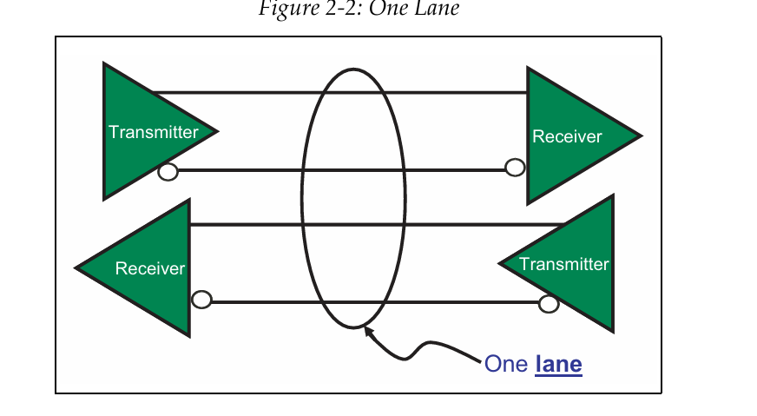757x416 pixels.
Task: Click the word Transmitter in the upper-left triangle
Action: [153, 132]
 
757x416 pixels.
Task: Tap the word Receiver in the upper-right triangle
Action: [567, 136]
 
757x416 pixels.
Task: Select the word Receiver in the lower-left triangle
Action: [149, 268]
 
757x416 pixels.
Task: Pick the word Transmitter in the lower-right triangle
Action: [563, 264]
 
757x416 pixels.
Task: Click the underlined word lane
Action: [558, 364]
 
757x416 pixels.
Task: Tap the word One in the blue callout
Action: [506, 364]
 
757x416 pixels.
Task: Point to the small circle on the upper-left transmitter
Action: [168, 171]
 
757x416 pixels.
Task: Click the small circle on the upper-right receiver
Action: [515, 168]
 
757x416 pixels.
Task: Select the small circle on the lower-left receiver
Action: [201, 300]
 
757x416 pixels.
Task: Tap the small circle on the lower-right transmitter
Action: [548, 303]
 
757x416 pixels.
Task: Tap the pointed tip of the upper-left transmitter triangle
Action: [215, 132]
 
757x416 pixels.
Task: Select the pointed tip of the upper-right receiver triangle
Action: [639, 136]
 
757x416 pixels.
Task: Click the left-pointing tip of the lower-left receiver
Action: [78, 267]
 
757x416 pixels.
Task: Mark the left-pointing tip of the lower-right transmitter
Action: [501, 263]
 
